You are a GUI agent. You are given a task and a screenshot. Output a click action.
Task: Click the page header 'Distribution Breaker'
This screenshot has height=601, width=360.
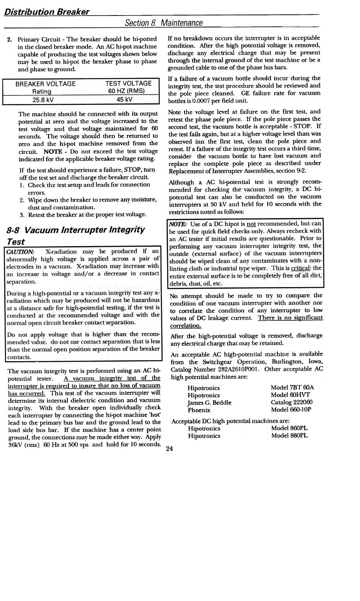(47, 11)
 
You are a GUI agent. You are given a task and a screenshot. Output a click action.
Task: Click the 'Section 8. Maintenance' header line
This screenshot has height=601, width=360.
(164, 23)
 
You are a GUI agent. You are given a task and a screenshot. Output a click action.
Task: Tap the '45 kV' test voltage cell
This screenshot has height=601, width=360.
(124, 100)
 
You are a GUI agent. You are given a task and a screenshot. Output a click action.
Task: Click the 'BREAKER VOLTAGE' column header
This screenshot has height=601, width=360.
(45, 84)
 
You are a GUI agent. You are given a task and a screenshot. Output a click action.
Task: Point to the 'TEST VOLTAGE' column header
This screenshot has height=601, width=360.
(128, 83)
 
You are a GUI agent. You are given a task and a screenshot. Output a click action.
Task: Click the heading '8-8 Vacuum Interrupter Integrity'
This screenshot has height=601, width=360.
(76, 230)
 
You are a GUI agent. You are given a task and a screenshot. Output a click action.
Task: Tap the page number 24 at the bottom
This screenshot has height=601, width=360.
(169, 449)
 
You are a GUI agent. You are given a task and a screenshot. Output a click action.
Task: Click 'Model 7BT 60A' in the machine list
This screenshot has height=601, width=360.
(292, 387)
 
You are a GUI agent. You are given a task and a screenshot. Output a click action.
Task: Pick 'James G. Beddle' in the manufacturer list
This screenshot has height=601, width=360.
(209, 403)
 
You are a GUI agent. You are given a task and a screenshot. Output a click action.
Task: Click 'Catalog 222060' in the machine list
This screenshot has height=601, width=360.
(291, 403)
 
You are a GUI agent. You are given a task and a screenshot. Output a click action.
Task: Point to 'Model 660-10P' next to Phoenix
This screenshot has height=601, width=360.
(291, 410)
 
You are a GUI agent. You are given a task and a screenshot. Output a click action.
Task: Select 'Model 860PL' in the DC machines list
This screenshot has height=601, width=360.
(289, 428)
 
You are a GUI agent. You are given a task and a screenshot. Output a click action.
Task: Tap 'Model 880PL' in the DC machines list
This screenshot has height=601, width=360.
(289, 436)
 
